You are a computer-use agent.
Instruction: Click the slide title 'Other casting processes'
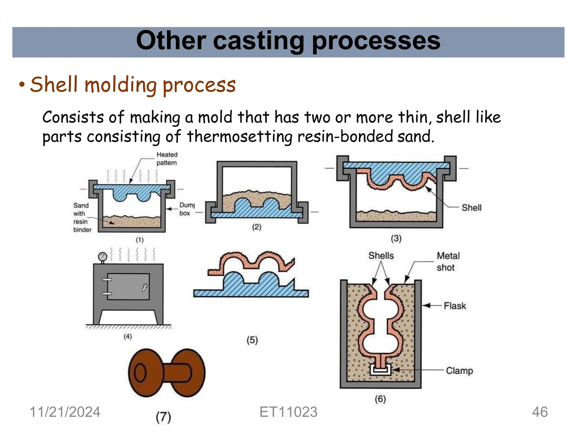[288, 41]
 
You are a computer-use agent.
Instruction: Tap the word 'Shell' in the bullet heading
[54, 85]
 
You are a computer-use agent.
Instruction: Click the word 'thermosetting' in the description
[239, 136]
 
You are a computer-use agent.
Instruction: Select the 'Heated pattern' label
[167, 159]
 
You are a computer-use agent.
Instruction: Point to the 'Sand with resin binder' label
[82, 217]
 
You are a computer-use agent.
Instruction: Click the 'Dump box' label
[187, 209]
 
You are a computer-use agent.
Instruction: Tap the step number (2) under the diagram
[256, 227]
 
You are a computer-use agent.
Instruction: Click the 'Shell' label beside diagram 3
[471, 208]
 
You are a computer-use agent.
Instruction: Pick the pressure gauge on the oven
[103, 257]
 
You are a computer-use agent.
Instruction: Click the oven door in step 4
[128, 286]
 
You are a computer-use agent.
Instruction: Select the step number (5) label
[252, 340]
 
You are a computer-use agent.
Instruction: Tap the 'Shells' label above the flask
[381, 256]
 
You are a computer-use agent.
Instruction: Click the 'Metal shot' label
[448, 261]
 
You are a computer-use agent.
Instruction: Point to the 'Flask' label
[455, 306]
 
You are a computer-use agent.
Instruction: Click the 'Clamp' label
[459, 371]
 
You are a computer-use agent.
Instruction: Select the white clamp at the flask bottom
[380, 369]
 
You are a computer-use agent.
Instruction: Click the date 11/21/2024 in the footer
[65, 412]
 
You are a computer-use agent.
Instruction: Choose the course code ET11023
[288, 412]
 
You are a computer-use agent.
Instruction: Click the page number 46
[540, 412]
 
